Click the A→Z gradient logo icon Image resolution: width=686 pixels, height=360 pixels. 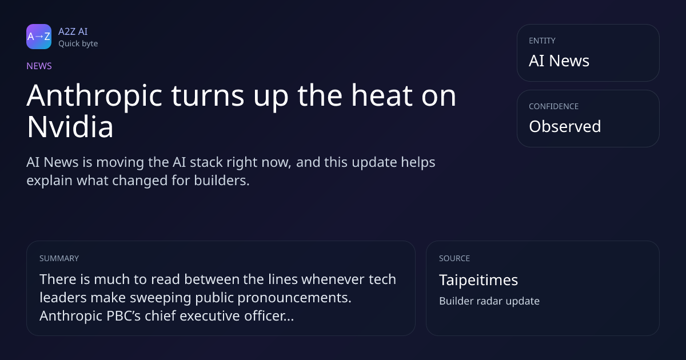tap(39, 37)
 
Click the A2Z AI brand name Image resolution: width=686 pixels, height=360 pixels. tap(73, 31)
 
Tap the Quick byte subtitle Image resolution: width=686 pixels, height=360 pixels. tap(78, 44)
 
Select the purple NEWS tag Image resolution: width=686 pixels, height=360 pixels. tap(39, 66)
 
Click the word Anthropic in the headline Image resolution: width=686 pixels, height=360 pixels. tap(94, 97)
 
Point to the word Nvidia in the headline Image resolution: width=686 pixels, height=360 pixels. tap(70, 127)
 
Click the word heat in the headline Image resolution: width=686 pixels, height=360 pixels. tap(382, 95)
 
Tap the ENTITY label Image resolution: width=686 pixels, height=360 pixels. tap(542, 41)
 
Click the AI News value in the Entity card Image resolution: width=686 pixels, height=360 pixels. tap(559, 61)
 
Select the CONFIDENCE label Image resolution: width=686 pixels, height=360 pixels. tap(554, 106)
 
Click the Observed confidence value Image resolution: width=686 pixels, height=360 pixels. tap(565, 126)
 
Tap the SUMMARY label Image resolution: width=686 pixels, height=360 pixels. tap(59, 258)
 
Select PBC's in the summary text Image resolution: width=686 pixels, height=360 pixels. tap(123, 315)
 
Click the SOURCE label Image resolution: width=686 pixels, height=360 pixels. tap(454, 258)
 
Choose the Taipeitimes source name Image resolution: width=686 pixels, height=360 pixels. tap(478, 280)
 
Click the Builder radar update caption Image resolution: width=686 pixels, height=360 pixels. tap(489, 301)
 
